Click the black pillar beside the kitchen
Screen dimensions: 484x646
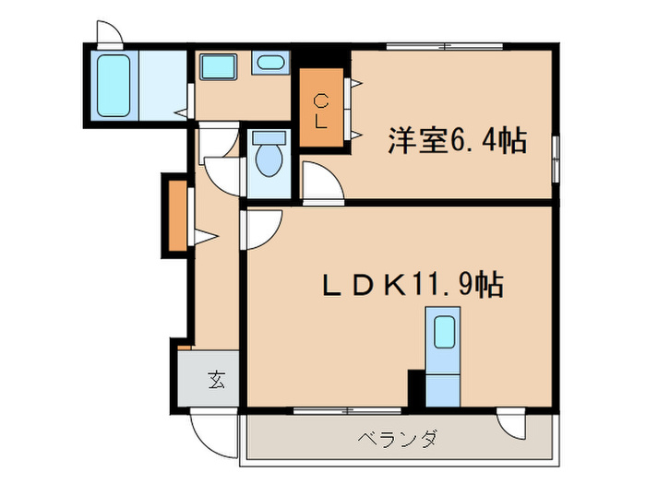(416, 388)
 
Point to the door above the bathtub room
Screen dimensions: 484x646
(109, 34)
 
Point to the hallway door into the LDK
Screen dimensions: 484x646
(260, 228)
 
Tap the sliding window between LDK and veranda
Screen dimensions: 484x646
(341, 407)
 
